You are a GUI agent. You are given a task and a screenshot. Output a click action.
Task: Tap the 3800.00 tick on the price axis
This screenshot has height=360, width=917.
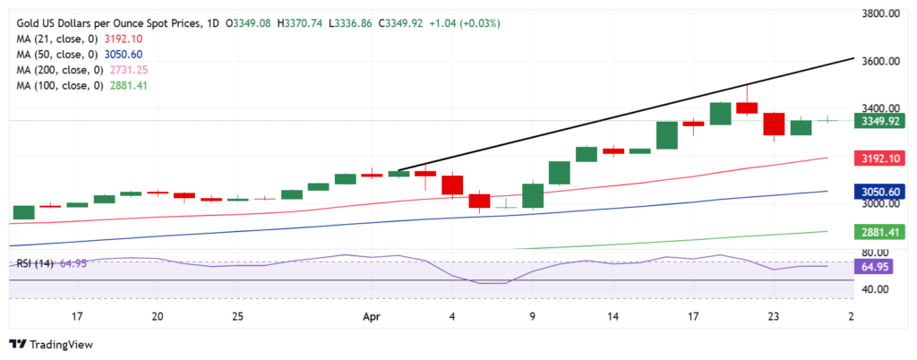click(x=880, y=13)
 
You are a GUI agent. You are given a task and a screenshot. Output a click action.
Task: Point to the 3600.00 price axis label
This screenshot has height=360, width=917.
click(x=880, y=62)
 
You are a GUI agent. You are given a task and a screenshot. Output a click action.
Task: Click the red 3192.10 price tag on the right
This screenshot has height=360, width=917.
click(x=880, y=158)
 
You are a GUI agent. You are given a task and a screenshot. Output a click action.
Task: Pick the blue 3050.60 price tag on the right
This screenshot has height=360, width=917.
click(x=880, y=192)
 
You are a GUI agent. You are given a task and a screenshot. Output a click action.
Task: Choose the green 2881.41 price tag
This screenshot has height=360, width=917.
click(x=880, y=232)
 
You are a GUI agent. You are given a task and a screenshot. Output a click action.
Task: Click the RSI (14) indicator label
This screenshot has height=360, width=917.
click(x=37, y=263)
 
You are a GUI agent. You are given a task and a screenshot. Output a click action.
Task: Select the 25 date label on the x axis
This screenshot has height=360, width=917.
click(x=237, y=316)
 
